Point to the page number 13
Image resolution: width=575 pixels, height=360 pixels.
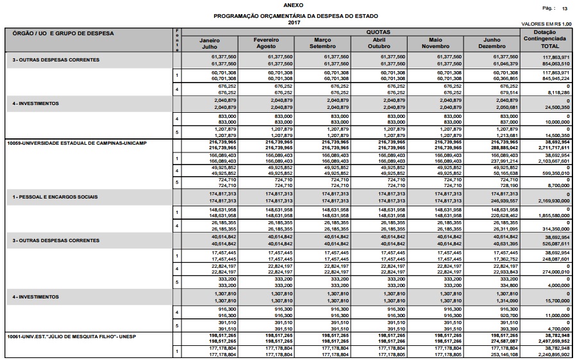[565, 9]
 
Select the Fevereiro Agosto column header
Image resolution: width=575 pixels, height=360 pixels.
[265, 44]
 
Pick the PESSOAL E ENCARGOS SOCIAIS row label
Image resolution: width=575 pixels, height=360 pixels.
[54, 197]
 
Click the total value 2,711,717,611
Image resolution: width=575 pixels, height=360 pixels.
[553, 147]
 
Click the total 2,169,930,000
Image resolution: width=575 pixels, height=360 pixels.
[553, 201]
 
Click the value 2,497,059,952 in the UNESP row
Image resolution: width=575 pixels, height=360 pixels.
[553, 341]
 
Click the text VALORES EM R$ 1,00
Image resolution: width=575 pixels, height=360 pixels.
[547, 23]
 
